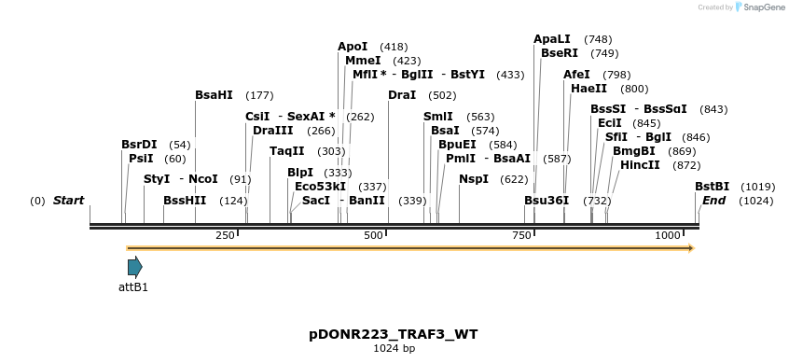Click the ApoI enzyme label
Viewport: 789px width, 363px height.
[353, 47]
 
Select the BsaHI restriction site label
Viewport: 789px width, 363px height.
[215, 95]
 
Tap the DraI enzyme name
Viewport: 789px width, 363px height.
[402, 95]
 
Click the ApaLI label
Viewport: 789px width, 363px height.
[551, 39]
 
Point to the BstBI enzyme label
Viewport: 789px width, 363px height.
[712, 187]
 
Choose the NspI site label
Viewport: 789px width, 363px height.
[474, 179]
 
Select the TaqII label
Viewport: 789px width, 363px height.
[287, 151]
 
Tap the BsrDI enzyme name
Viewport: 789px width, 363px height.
[139, 145]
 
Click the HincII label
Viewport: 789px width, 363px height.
[640, 165]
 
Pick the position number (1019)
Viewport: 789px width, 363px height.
[758, 187]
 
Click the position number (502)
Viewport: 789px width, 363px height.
[442, 95]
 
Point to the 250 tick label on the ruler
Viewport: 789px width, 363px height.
[225, 236]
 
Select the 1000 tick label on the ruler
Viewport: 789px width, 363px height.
[669, 236]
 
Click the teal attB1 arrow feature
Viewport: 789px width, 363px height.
[134, 268]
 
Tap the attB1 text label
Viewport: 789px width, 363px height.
[133, 287]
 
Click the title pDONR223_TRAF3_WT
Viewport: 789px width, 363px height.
[394, 334]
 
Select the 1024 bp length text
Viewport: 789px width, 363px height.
[394, 349]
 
